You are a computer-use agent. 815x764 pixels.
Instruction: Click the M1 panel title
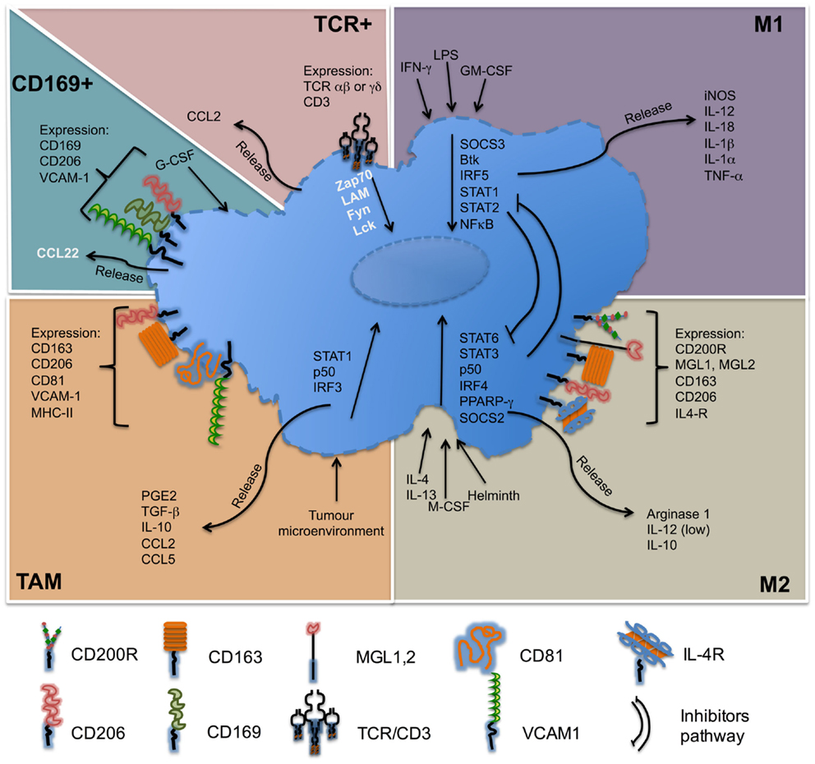pyautogui.click(x=777, y=25)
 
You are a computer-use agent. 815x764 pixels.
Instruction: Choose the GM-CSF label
pyautogui.click(x=486, y=71)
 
